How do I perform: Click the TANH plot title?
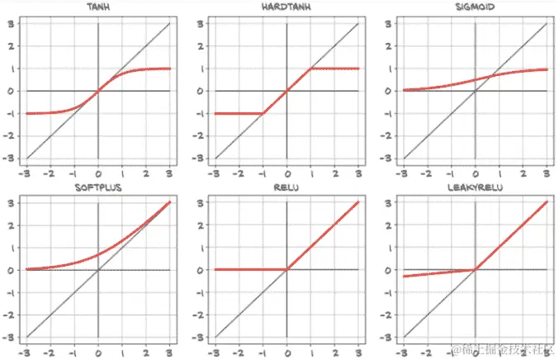coord(97,8)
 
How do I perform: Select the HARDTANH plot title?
coord(287,8)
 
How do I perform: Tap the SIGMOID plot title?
coord(475,8)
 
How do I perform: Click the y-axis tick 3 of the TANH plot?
coord(11,23)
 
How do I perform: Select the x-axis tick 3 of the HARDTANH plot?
coord(359,173)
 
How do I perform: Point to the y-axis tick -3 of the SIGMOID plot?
coord(386,159)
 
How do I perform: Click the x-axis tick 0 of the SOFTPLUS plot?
coord(98,353)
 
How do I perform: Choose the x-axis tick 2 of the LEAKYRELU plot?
coord(523,353)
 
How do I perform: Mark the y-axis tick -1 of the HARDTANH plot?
coord(198,113)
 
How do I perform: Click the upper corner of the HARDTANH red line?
coord(311,69)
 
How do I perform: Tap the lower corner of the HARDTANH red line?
coord(263,113)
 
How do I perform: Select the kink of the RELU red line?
coord(287,269)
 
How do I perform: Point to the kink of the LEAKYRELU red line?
coord(476,269)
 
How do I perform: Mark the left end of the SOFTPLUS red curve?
coord(27,269)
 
